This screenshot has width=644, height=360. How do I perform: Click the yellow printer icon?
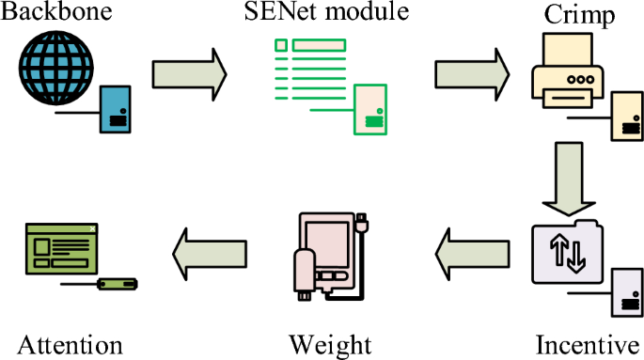[568, 70]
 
